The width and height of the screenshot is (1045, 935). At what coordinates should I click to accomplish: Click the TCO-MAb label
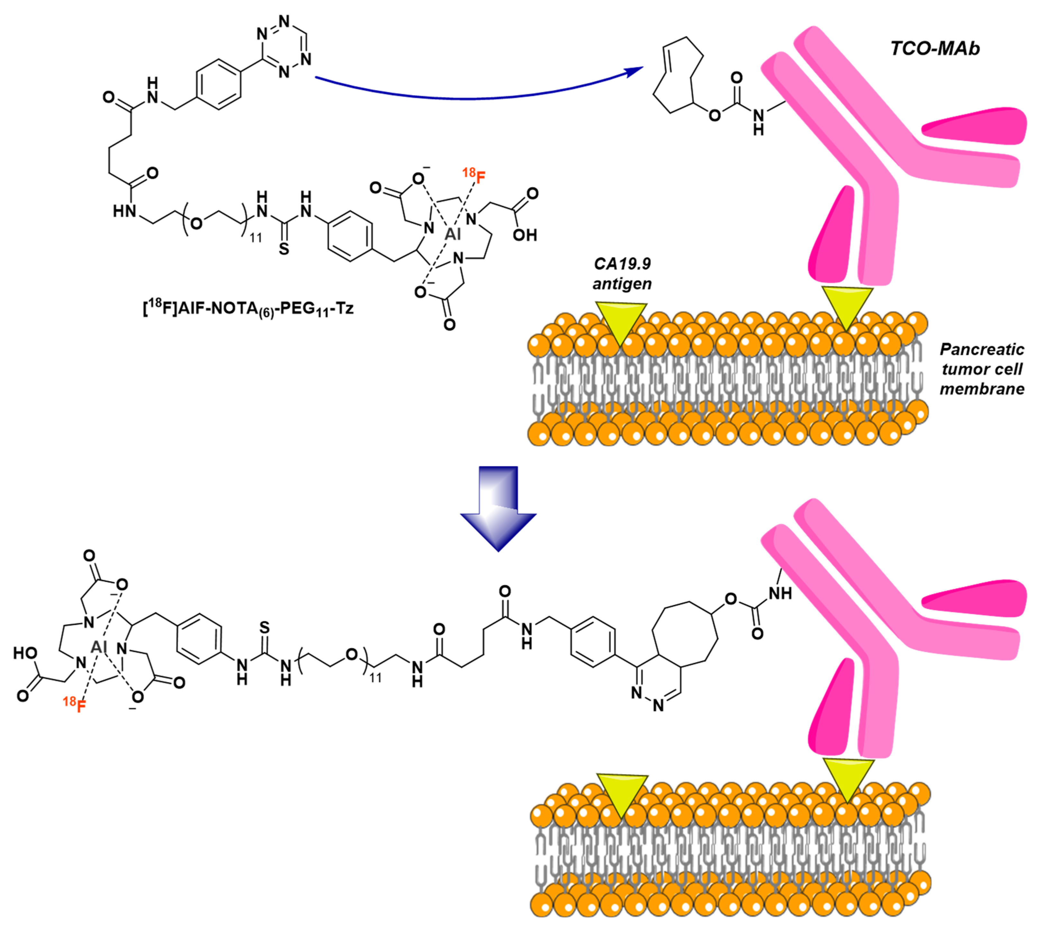click(934, 49)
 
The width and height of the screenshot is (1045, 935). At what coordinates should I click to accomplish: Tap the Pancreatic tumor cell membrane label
click(982, 369)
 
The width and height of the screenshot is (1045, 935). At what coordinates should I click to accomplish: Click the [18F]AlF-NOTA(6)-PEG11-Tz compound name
click(248, 309)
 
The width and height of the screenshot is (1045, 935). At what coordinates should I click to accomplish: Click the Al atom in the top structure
click(452, 234)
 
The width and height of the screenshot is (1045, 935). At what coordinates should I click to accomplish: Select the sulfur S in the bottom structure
click(264, 627)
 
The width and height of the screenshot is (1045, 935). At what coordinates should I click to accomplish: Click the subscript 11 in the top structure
click(256, 238)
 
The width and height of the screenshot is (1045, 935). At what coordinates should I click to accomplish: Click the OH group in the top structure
click(524, 235)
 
